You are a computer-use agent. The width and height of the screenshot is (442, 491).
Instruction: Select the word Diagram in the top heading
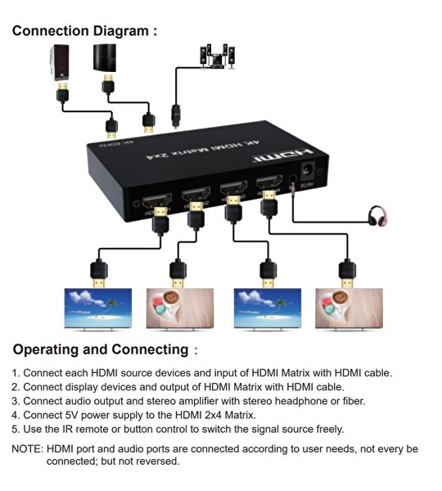click(122, 31)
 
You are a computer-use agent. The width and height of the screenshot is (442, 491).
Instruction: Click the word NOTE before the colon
click(26, 448)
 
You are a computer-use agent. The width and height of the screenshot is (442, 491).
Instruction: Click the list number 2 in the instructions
click(15, 386)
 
